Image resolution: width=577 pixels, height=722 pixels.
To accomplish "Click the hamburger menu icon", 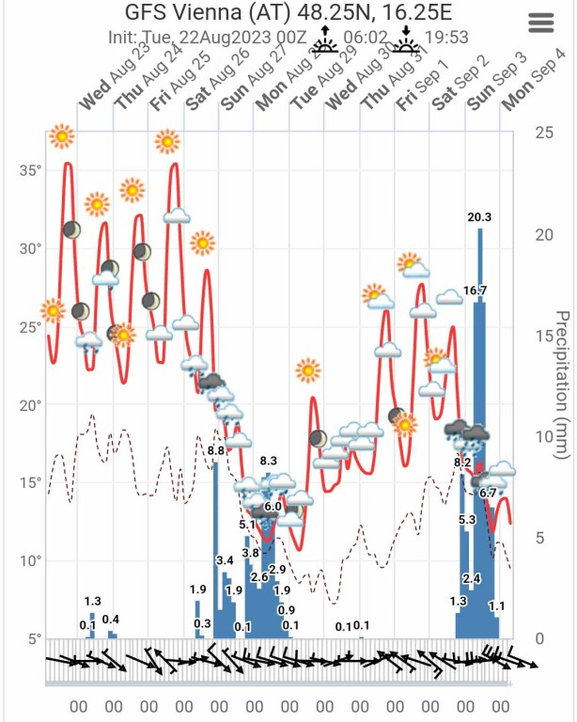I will point(542,24).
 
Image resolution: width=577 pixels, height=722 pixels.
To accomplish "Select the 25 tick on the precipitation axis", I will point(543,132).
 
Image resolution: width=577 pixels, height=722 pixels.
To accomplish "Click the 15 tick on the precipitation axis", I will point(543,335).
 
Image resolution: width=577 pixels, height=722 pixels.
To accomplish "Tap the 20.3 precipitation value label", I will point(479,217).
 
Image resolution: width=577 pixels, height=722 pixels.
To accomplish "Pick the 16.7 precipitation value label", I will point(476,291).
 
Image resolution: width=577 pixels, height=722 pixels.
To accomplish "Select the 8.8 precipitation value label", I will point(215,450).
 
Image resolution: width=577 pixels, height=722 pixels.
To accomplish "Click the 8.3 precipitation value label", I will point(269,461).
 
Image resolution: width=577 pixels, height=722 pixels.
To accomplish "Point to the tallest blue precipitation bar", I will point(480,432).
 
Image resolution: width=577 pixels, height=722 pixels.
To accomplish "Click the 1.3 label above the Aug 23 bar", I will point(92,602).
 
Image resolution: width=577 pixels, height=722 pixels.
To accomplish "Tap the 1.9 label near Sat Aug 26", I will point(197,589).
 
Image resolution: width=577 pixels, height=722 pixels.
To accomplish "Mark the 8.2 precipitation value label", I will point(462,462).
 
